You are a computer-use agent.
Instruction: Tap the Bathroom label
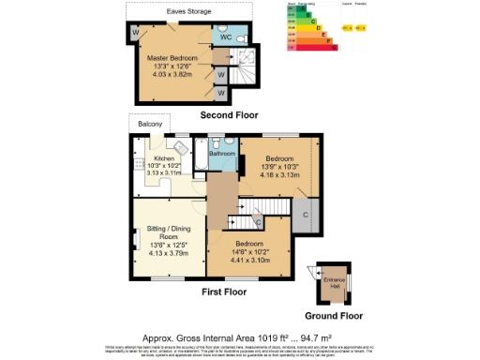pos(222,153)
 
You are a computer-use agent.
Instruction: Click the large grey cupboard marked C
pos(307,217)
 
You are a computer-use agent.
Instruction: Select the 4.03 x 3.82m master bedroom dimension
pos(175,74)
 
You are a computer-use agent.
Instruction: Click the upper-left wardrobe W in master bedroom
pos(136,34)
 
